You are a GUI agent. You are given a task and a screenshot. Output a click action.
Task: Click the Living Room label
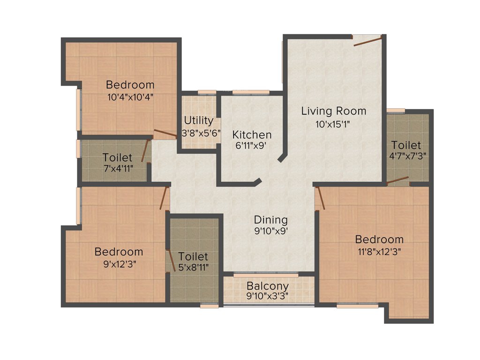tap(333, 111)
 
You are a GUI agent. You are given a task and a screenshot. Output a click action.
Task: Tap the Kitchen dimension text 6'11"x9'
tap(252, 146)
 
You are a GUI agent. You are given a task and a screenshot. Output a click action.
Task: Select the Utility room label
tap(198, 120)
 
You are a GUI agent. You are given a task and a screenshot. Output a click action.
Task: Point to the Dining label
tap(270, 219)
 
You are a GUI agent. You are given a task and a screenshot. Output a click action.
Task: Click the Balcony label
tap(268, 286)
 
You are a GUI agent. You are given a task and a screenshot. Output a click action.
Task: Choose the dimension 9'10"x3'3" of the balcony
tap(268, 296)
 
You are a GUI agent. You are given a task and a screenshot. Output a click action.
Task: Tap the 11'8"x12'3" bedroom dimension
tap(379, 250)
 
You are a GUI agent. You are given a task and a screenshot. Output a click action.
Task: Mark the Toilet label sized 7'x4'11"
tap(117, 157)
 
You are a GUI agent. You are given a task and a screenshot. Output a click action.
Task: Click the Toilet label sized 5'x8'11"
tap(193, 256)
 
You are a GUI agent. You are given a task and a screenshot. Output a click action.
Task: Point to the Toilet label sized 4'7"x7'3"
tap(406, 145)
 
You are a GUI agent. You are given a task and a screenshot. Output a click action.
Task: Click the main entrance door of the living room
tap(368, 41)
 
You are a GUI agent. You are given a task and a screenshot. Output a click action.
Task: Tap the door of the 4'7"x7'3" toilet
tap(397, 180)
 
